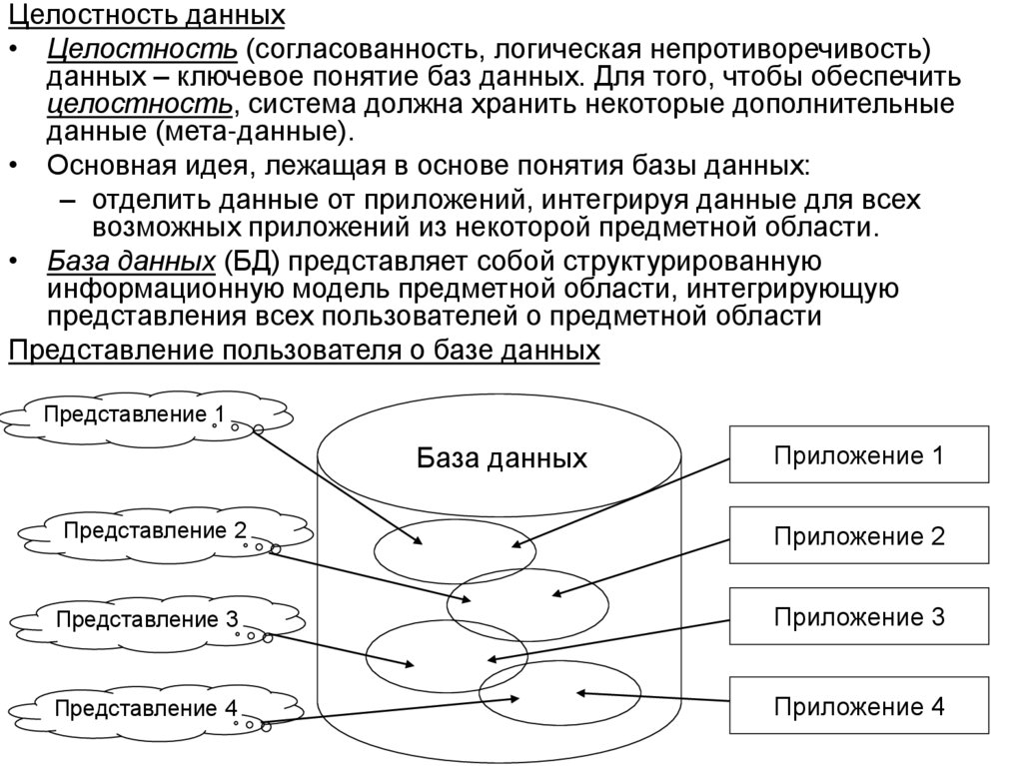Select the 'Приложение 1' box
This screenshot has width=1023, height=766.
click(858, 456)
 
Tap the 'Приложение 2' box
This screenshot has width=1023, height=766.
click(858, 536)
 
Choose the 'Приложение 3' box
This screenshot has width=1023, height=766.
click(858, 617)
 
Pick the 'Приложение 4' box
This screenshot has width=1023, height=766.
click(858, 707)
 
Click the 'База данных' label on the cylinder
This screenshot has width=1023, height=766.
click(502, 459)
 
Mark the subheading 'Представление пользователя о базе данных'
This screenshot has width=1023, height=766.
click(304, 352)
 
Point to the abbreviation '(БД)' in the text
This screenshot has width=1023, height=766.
click(252, 262)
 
